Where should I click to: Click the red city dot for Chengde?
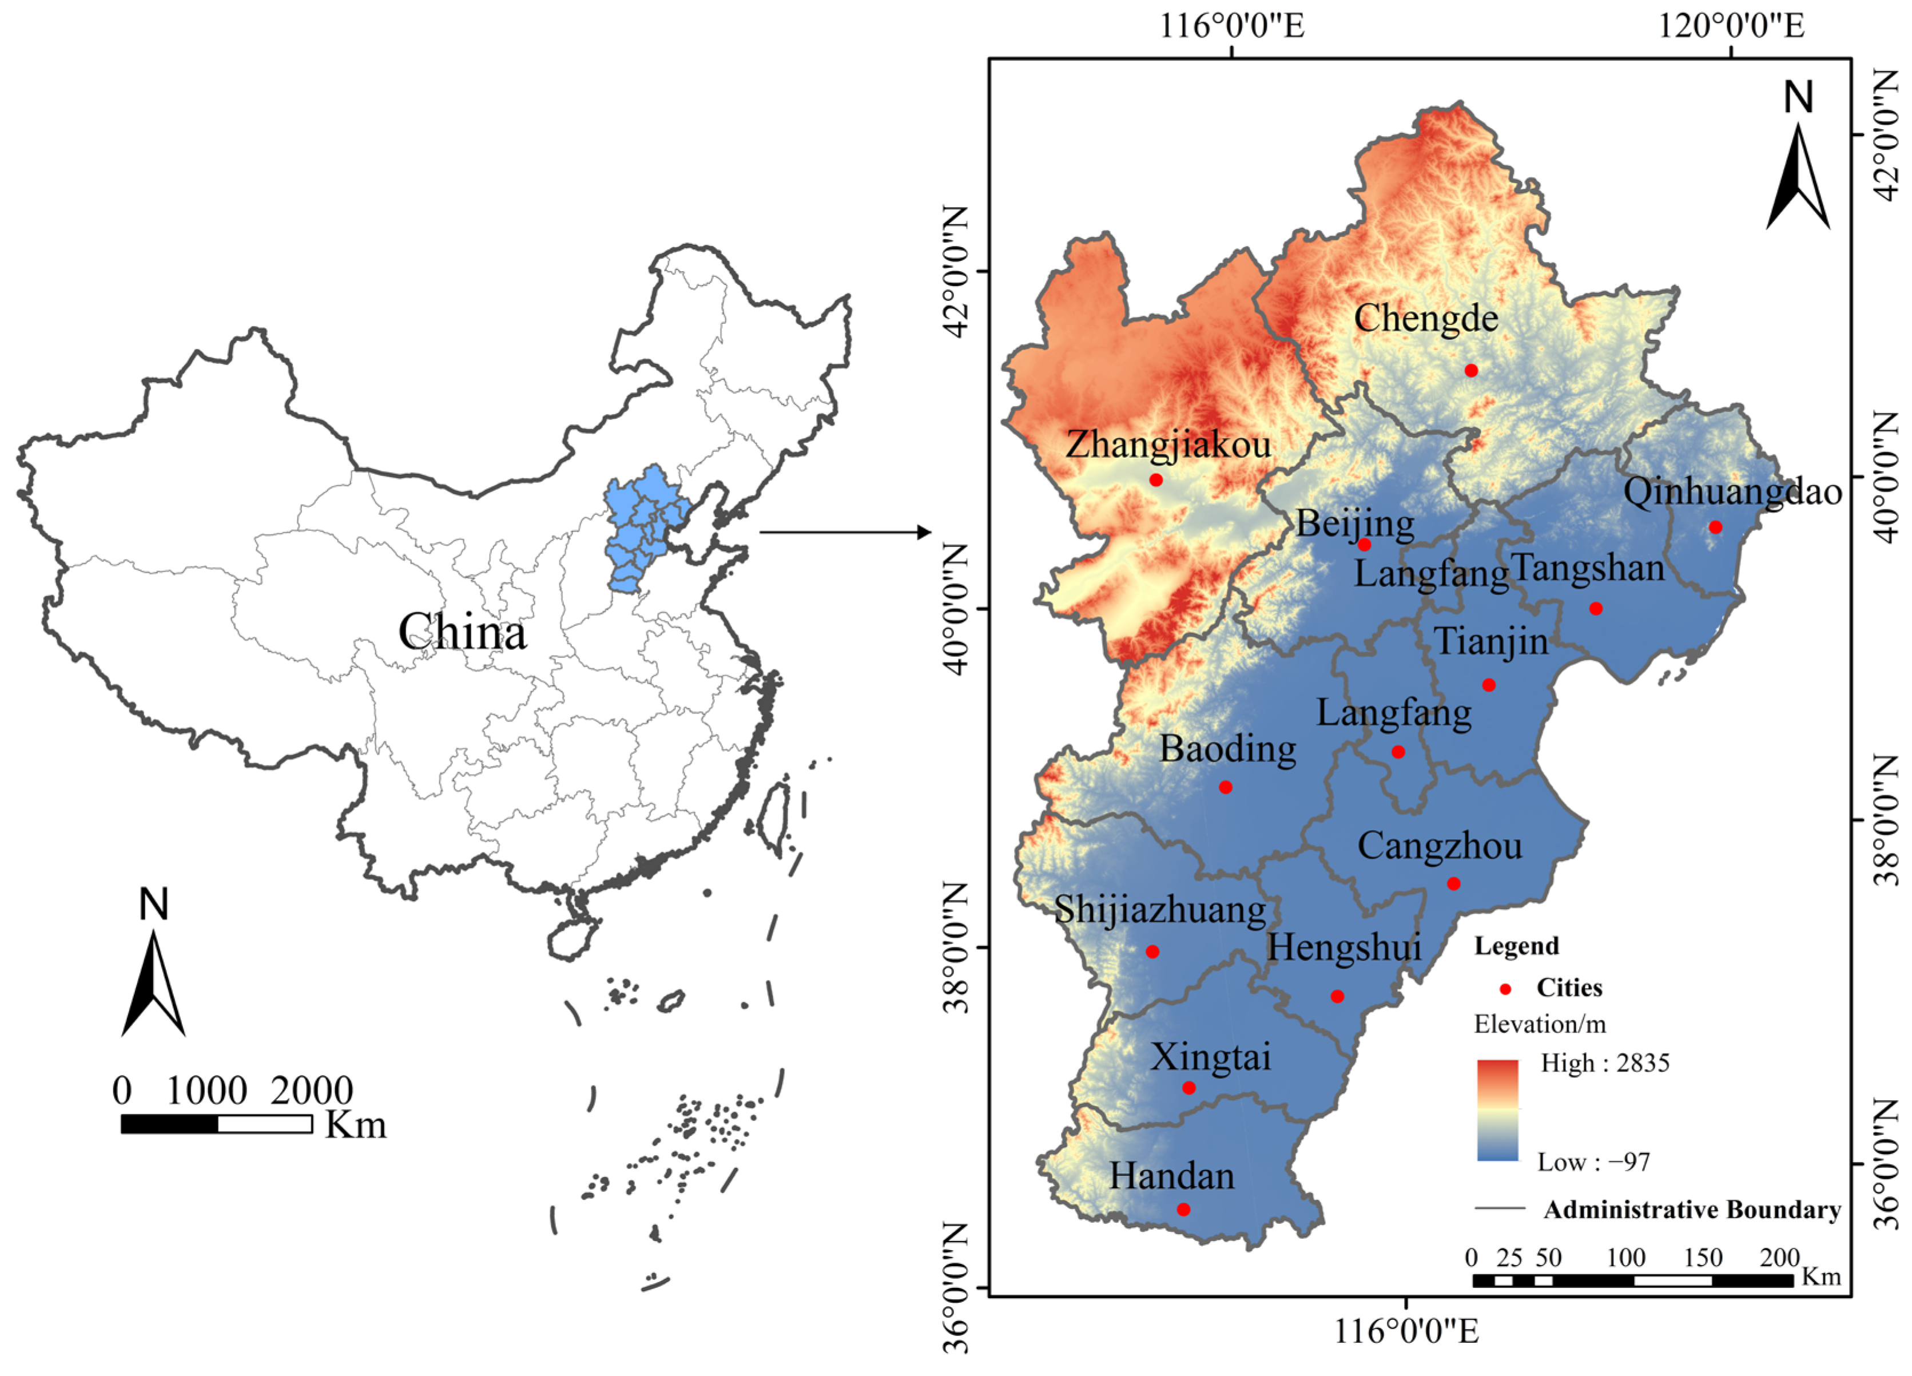(x=1471, y=370)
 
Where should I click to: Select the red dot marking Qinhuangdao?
(x=1715, y=527)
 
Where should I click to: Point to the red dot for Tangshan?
(x=1595, y=609)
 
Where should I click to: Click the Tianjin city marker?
(x=1489, y=685)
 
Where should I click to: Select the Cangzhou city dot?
(x=1453, y=883)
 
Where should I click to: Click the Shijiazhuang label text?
(x=1160, y=910)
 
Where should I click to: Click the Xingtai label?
(x=1211, y=1057)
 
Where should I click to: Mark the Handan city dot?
(x=1183, y=1209)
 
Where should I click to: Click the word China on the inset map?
(x=462, y=632)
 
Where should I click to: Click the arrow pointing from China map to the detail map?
(x=843, y=532)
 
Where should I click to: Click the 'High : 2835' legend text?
(x=1604, y=1063)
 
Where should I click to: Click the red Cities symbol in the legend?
(x=1505, y=989)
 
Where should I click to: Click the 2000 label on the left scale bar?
(x=311, y=1091)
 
